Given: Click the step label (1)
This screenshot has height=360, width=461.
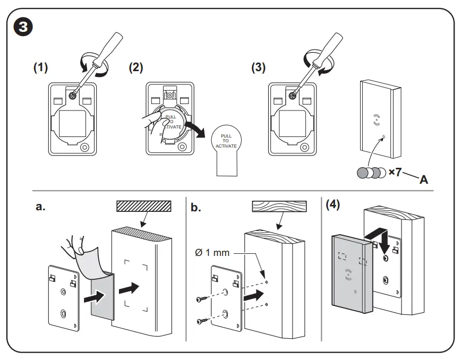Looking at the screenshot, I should click(41, 68).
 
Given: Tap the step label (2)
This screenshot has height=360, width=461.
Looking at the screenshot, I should click(136, 67).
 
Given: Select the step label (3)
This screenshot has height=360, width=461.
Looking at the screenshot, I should click(259, 68).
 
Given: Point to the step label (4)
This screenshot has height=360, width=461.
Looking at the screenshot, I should click(333, 205).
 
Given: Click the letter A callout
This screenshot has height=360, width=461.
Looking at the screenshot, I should click(424, 179).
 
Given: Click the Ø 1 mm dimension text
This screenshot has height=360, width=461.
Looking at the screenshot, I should click(212, 252).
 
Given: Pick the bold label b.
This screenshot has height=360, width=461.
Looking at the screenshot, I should click(196, 207).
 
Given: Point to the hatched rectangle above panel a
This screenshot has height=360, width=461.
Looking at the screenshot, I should click(144, 206).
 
